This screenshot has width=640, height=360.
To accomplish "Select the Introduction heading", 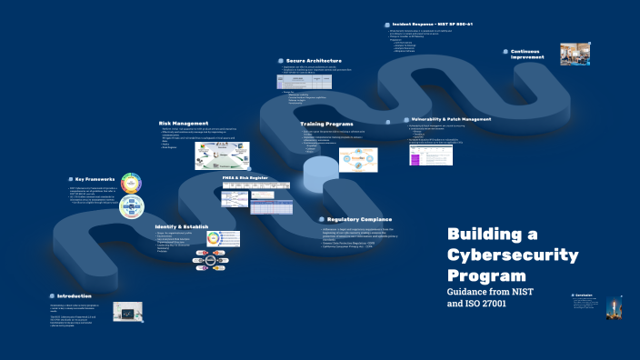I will click(74, 296).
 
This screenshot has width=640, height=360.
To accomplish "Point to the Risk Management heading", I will click(184, 123).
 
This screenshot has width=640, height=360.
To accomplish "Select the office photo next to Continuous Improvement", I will click(575, 54).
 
